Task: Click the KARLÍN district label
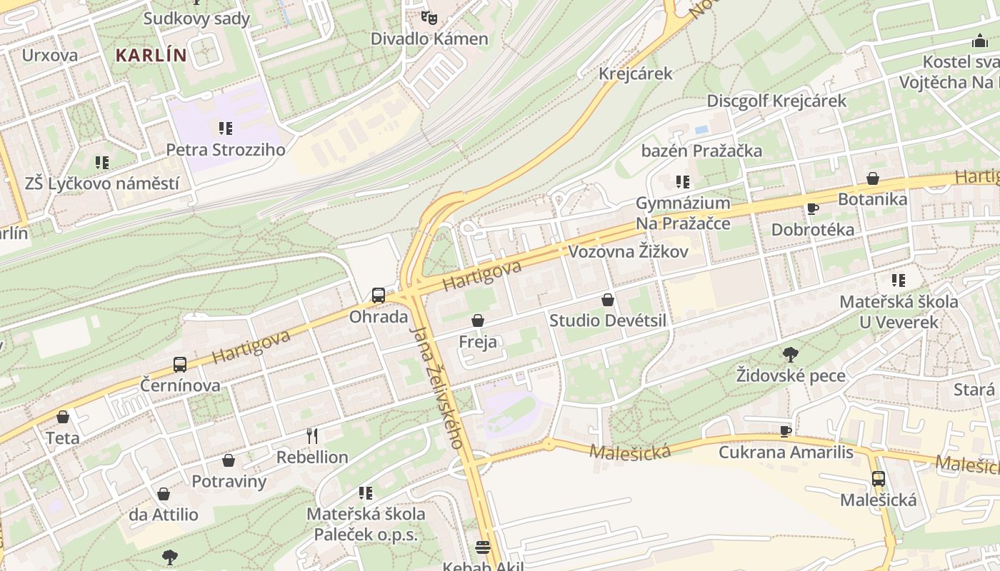[151, 55]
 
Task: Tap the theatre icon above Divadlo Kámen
[429, 16]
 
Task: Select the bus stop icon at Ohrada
[378, 295]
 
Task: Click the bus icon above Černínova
[180, 364]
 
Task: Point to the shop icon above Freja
[478, 321]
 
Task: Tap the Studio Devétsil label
[607, 320]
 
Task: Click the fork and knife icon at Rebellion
[312, 435]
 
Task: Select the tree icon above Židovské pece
[791, 354]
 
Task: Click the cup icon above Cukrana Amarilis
[786, 430]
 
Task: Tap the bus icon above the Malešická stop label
[878, 478]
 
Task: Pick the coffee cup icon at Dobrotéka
[812, 208]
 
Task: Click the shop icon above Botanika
[872, 178]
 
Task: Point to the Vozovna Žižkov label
[628, 251]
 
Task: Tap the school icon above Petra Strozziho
[226, 128]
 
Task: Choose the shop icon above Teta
[63, 417]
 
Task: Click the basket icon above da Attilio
[164, 493]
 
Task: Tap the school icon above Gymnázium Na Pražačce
[683, 182]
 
